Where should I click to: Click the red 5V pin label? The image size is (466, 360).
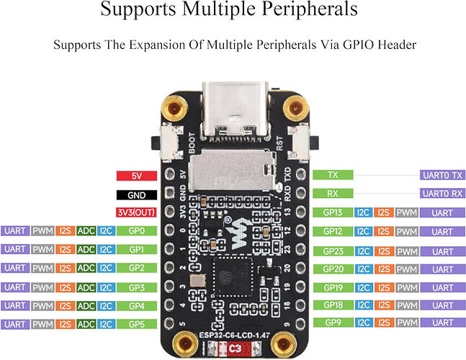(137, 176)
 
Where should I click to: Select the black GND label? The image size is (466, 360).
(137, 195)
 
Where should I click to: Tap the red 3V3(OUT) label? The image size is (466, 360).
(136, 212)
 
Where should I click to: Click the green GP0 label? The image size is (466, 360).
(137, 231)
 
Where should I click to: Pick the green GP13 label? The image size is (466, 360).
(333, 212)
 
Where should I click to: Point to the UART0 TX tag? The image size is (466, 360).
(442, 175)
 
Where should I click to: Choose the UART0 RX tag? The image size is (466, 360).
(442, 194)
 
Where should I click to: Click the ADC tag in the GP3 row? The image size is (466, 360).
(86, 287)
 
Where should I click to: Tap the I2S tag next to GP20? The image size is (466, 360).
(384, 269)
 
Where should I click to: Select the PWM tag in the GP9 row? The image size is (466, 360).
(407, 323)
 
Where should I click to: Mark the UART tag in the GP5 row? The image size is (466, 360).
(15, 324)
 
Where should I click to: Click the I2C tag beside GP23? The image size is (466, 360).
(363, 251)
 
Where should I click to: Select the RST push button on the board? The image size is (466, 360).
(303, 143)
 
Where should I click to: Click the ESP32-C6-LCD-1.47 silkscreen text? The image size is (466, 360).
(235, 336)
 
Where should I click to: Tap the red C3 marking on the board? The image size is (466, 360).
(235, 348)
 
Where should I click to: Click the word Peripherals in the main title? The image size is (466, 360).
(310, 9)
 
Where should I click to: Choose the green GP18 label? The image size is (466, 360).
(333, 305)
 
